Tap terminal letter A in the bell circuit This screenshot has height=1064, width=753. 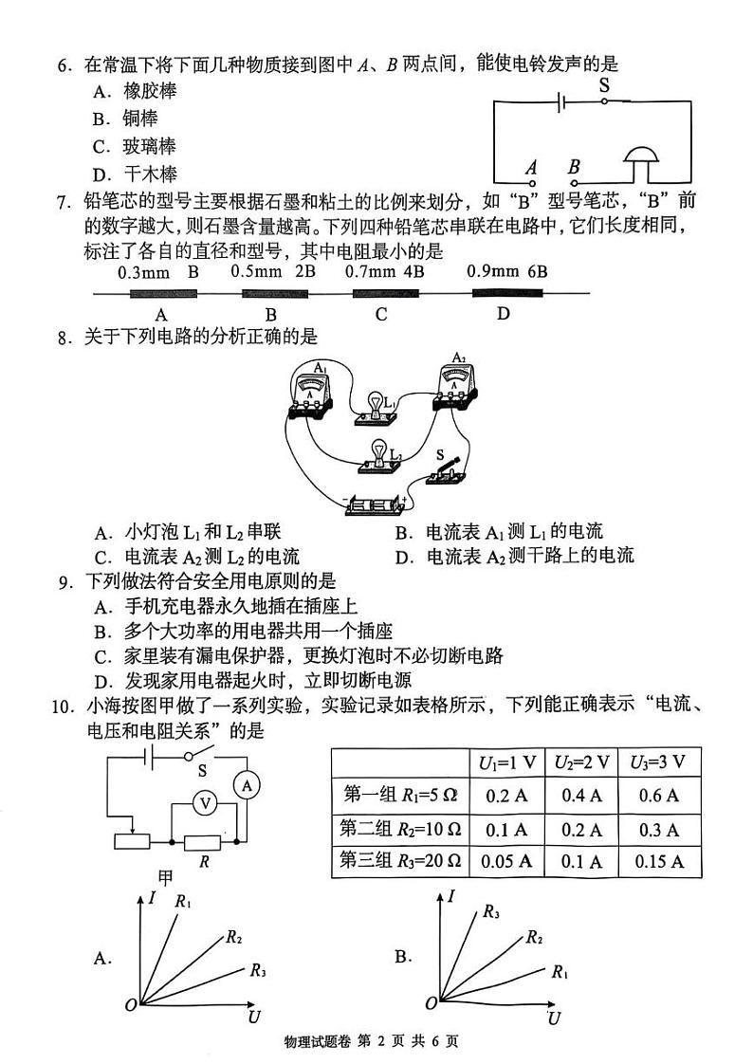click(x=531, y=167)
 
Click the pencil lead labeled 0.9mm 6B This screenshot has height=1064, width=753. click(x=503, y=293)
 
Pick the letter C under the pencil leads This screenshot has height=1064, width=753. click(x=381, y=315)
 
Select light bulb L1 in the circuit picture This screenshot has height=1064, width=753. click(x=376, y=408)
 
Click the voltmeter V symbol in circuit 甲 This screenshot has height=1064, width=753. click(x=202, y=802)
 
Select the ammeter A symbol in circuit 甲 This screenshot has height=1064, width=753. click(x=246, y=786)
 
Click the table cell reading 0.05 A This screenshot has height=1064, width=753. click(x=506, y=862)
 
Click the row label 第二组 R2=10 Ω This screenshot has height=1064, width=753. click(x=399, y=829)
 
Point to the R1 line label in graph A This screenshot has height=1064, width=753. click(x=183, y=902)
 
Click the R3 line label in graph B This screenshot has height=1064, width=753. click(x=490, y=912)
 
